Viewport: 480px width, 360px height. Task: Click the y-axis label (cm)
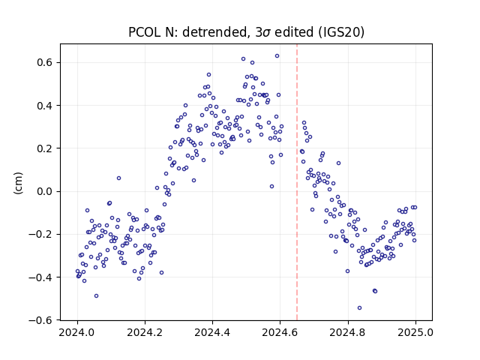pos(18,183)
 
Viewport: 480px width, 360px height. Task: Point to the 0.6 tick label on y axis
pos(45,62)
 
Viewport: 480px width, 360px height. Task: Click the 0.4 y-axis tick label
pos(45,106)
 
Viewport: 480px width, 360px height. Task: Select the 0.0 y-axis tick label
pos(45,192)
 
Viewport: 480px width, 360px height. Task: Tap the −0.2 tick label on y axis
pos(40,235)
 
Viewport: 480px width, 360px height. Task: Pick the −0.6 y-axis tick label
pos(40,320)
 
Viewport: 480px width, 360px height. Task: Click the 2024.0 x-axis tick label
pos(77,332)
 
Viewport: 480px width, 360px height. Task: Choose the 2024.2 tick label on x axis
pos(145,332)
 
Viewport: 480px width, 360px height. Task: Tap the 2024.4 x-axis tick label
pos(212,332)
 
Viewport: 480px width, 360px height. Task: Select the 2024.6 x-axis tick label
pos(280,332)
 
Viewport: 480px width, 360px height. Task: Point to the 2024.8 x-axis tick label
pos(348,332)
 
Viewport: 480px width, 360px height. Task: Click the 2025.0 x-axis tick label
pos(415,332)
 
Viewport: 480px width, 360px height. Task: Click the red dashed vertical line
pos(297,182)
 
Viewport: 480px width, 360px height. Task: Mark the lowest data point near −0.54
pos(360,308)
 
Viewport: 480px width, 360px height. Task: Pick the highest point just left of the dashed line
pos(277,56)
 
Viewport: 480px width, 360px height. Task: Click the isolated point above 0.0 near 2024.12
pos(118,178)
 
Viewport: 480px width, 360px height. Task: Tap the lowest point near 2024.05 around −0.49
pos(97,296)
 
